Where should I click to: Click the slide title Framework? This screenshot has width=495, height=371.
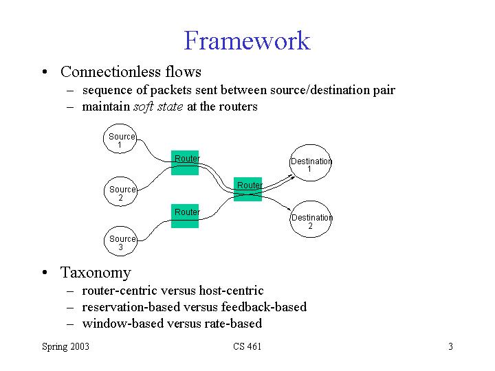pyautogui.click(x=247, y=41)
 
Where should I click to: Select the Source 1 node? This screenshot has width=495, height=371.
pyautogui.click(x=121, y=141)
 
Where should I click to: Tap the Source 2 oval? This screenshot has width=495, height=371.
pyautogui.click(x=122, y=193)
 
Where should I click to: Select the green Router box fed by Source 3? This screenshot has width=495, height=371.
pyautogui.click(x=186, y=216)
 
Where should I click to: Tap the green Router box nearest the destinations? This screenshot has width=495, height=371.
pyautogui.click(x=248, y=189)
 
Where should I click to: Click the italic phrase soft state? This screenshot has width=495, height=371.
pyautogui.click(x=156, y=106)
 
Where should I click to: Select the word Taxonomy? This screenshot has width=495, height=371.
pyautogui.click(x=96, y=272)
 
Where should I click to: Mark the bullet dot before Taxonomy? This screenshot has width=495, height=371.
pyautogui.click(x=44, y=273)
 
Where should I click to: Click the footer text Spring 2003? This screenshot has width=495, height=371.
pyautogui.click(x=65, y=346)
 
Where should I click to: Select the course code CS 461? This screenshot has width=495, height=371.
pyautogui.click(x=247, y=346)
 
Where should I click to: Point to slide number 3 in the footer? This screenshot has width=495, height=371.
pyautogui.click(x=450, y=346)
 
